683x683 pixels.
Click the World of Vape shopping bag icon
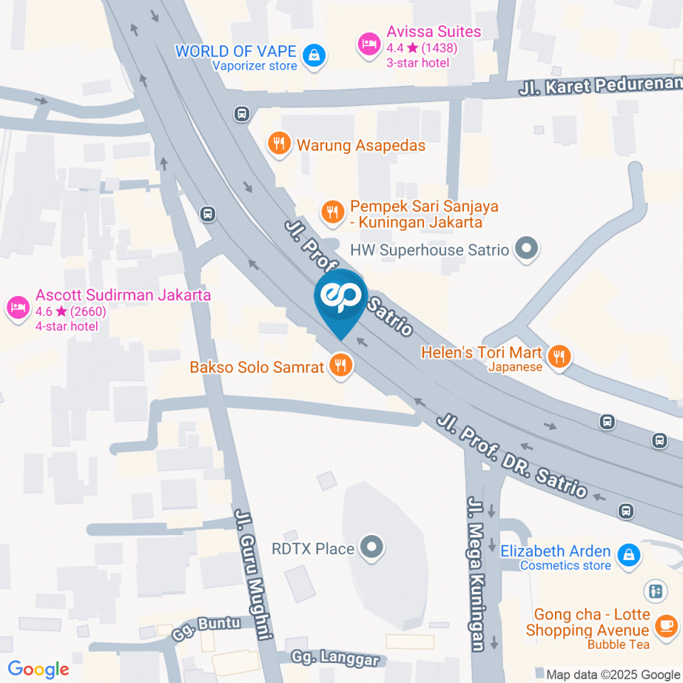[314, 55]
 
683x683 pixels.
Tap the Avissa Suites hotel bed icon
[369, 45]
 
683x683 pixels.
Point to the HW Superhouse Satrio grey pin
[526, 249]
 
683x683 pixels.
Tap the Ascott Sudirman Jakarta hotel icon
[17, 307]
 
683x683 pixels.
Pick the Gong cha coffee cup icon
[665, 625]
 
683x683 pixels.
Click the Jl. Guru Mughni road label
[252, 573]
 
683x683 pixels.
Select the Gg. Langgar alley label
[335, 658]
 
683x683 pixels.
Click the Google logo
[38, 669]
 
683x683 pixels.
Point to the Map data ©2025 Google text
[613, 674]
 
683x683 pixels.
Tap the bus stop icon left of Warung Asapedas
[242, 113]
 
